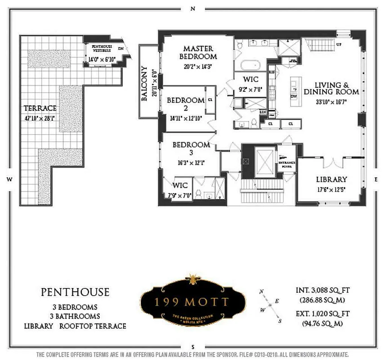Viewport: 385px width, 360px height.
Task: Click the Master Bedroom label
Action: tap(198, 53)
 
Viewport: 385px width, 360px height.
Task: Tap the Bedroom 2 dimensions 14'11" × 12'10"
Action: tap(186, 119)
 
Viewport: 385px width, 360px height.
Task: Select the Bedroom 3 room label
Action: tap(191, 148)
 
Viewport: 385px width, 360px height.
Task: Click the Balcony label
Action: tap(145, 84)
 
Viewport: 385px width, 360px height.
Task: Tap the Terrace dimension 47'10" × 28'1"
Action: tap(40, 119)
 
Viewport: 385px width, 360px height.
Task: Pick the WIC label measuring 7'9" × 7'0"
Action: tap(180, 185)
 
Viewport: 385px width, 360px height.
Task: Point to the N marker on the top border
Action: tap(192, 8)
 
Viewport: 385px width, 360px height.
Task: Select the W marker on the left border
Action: tap(9, 179)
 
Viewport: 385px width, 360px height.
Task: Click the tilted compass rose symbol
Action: tap(270, 306)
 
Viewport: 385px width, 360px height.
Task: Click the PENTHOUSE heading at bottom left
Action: tap(75, 292)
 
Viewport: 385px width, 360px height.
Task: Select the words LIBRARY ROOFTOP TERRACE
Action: tap(75, 326)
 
